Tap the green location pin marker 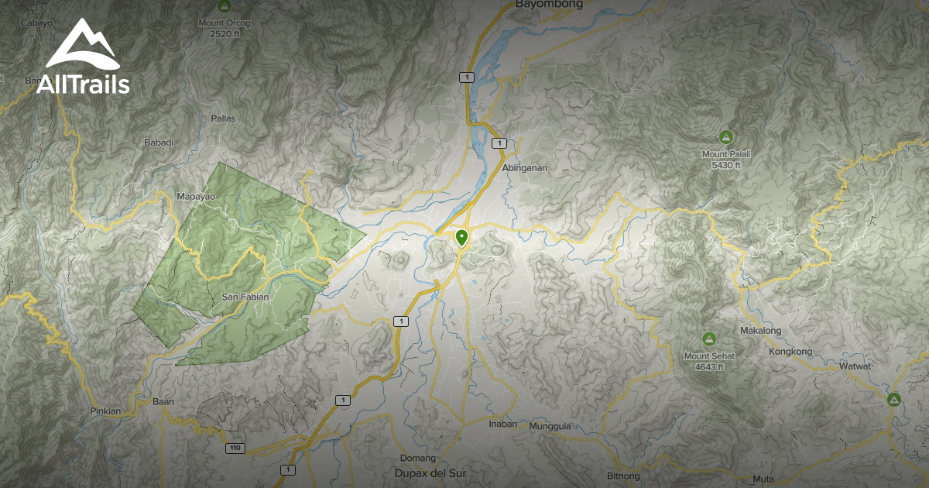(x=462, y=237)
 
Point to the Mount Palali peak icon (x=726, y=137)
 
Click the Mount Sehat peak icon (x=708, y=339)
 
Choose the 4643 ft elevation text (x=708, y=367)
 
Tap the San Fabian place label (x=245, y=297)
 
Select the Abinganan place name (x=525, y=167)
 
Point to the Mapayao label (x=195, y=197)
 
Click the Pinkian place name (x=106, y=411)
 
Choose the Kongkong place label (x=790, y=352)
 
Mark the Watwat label (x=855, y=366)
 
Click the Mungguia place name (x=550, y=426)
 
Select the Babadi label (x=159, y=143)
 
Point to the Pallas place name (x=223, y=119)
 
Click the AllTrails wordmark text (x=83, y=84)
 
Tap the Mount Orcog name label (x=225, y=23)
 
